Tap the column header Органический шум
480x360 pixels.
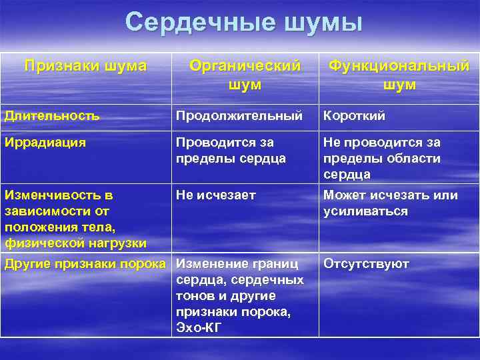(245, 75)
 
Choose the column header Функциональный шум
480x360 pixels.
(399, 75)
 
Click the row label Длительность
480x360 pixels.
(52, 115)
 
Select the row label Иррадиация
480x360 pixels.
(45, 142)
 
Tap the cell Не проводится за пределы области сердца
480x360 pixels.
(391, 158)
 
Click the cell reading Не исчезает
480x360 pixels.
(216, 195)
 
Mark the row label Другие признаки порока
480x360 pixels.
(85, 263)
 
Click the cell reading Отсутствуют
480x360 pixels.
(366, 263)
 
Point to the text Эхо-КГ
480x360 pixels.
(198, 327)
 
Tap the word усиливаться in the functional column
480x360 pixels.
(365, 211)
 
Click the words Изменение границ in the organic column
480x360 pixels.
(237, 263)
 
